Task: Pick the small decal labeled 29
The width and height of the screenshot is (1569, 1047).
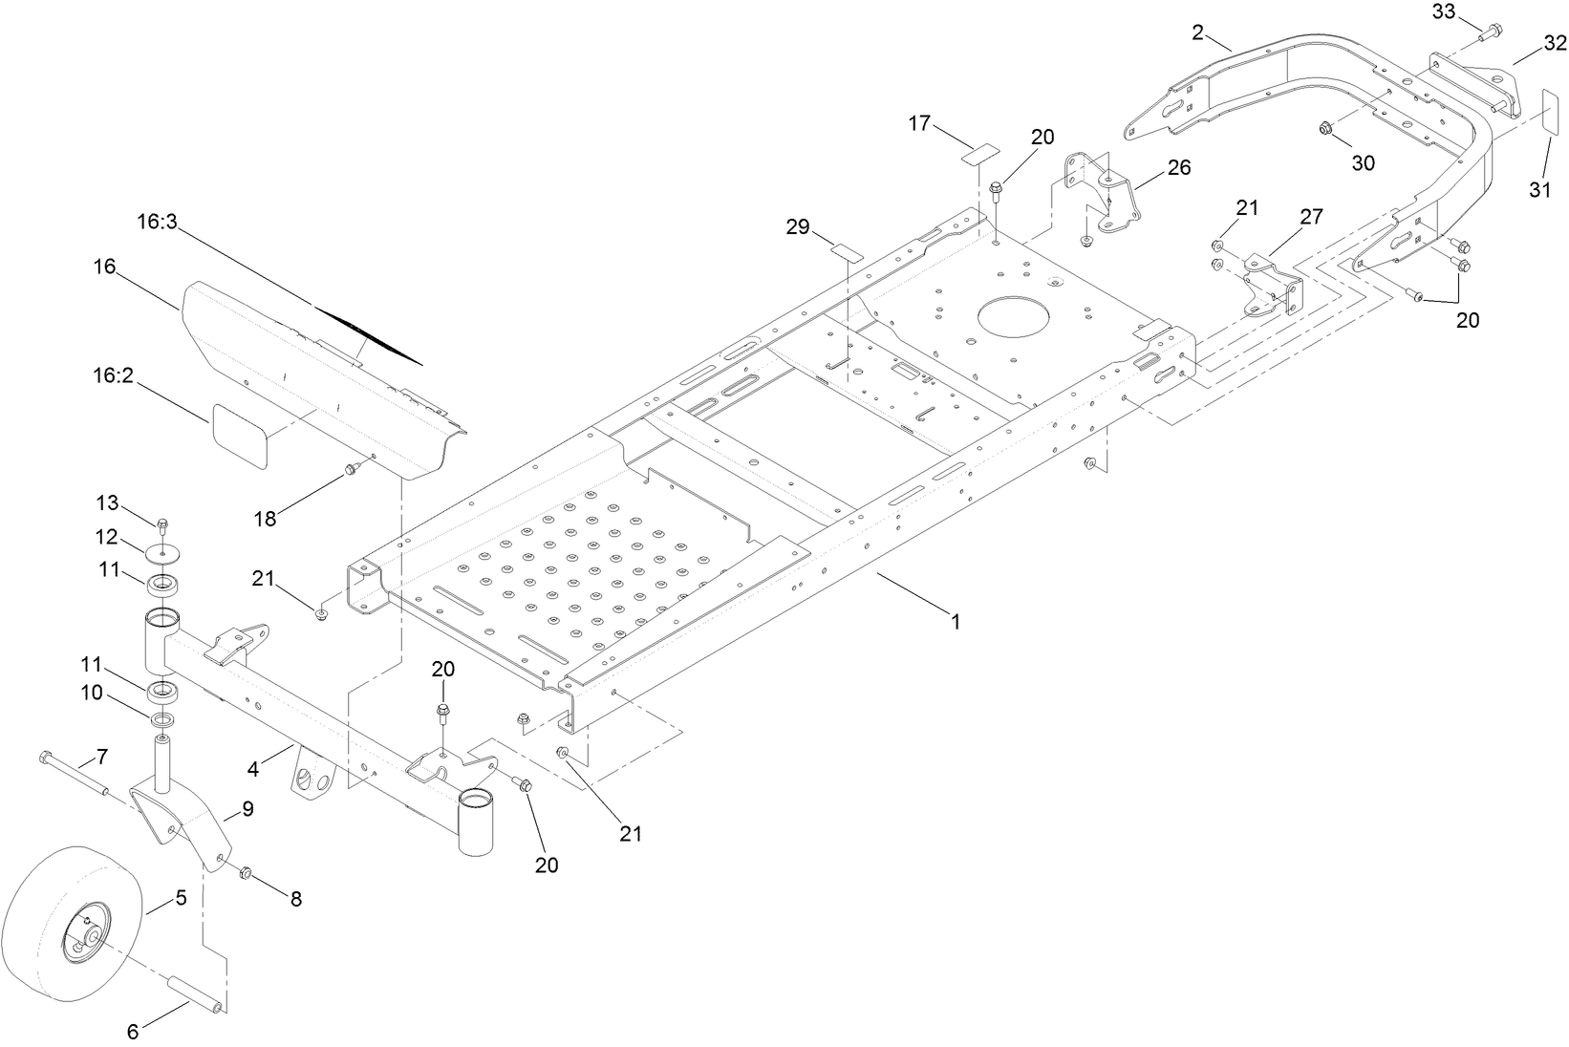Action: (846, 252)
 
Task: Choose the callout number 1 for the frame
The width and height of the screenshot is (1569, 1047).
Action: (954, 622)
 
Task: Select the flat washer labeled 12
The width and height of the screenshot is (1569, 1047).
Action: (164, 552)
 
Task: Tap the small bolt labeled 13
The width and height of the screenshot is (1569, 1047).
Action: (161, 523)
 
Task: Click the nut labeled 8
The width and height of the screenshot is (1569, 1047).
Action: (245, 872)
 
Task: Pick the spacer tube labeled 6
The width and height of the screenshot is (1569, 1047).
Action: (196, 994)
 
